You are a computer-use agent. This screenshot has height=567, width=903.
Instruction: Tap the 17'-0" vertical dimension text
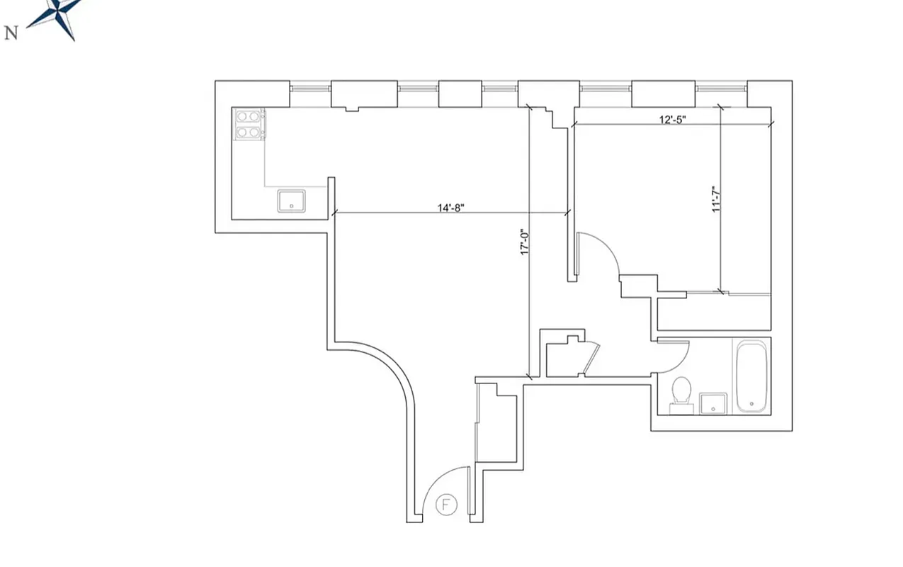525,242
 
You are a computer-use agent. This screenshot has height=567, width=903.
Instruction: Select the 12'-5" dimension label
672,119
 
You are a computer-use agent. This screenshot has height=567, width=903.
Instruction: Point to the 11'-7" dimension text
717,199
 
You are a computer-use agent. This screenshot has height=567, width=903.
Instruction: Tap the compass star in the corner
61,16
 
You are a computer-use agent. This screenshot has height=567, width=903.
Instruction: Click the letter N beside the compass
11,33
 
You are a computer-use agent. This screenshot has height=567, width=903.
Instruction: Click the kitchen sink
291,201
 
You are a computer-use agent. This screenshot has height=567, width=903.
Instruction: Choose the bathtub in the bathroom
751,376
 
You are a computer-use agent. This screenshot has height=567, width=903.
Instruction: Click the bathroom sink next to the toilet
712,403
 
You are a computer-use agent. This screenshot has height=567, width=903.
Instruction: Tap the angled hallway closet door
591,358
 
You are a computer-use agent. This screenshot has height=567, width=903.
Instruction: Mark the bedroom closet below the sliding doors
714,313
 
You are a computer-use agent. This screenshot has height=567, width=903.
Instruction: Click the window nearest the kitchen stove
310,88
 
